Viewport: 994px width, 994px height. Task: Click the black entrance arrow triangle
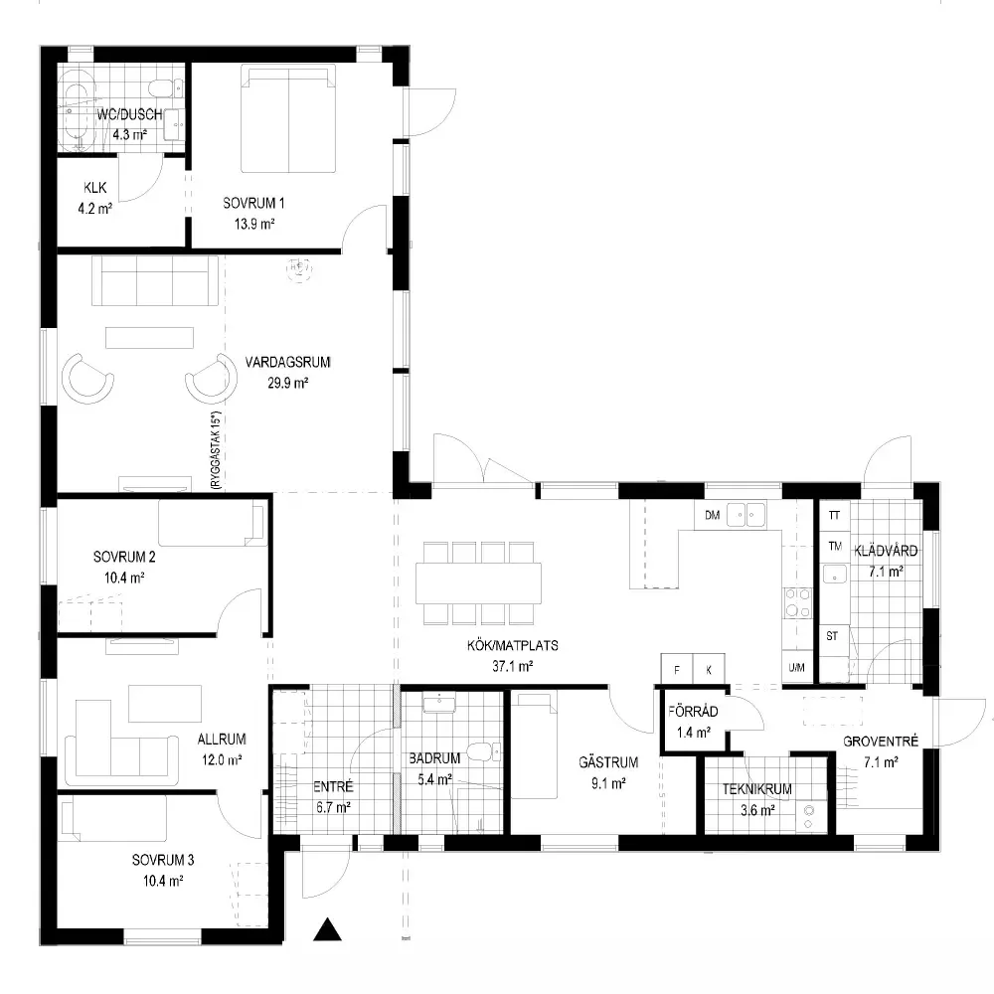[327, 930]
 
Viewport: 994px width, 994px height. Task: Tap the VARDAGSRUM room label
[288, 362]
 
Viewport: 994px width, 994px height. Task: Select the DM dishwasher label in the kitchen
[713, 515]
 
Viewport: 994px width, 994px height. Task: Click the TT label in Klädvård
[834, 515]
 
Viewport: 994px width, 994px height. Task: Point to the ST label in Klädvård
[832, 636]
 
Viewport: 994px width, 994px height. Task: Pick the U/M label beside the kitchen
[797, 667]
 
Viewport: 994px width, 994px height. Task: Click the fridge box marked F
[677, 669]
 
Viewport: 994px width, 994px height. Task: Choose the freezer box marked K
[709, 669]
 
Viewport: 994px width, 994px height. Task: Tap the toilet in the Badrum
[484, 752]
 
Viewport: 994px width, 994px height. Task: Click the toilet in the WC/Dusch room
[167, 86]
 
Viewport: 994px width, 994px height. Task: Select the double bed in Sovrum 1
[288, 118]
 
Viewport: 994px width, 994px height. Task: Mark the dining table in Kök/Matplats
[479, 582]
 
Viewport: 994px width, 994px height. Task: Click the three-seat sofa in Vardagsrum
[155, 280]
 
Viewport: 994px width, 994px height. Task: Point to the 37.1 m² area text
[512, 666]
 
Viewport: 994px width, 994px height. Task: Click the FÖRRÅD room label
[693, 712]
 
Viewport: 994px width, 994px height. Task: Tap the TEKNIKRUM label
[756, 789]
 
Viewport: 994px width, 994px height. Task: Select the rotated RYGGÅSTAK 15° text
[216, 449]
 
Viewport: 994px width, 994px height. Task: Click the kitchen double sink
[746, 514]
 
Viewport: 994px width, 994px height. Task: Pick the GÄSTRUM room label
[608, 762]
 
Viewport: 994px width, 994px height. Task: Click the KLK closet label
[95, 188]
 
